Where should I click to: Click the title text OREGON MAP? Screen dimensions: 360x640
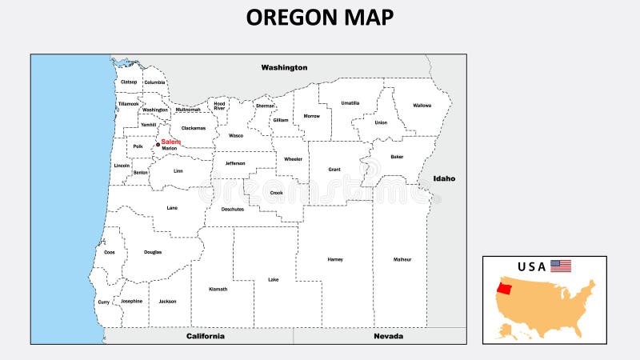pos(320,18)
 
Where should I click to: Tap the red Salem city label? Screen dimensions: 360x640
pos(171,142)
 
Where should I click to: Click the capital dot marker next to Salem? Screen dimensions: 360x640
pos(158,145)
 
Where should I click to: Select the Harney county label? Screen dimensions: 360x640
pos(335,259)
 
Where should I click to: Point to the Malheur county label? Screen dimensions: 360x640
pos(402,259)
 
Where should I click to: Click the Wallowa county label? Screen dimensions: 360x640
pos(422,106)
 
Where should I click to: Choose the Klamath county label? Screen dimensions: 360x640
pos(218,289)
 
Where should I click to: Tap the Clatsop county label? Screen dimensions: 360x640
pos(129,82)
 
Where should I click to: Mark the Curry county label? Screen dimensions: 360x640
pos(104,302)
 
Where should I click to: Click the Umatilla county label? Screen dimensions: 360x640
pos(350,102)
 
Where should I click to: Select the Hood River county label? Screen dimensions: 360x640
pos(219,106)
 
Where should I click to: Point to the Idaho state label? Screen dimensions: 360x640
pos(444,178)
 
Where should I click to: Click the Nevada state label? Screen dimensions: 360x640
pos(389,336)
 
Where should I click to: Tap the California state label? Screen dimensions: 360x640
pos(206,336)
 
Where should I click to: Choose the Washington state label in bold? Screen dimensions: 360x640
pos(284,68)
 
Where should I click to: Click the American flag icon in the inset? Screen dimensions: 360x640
pos(561,266)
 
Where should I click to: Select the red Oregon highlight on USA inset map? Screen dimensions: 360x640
pos(505,287)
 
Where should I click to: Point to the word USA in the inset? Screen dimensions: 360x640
pos(532,266)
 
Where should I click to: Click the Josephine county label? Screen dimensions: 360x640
pos(131,301)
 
